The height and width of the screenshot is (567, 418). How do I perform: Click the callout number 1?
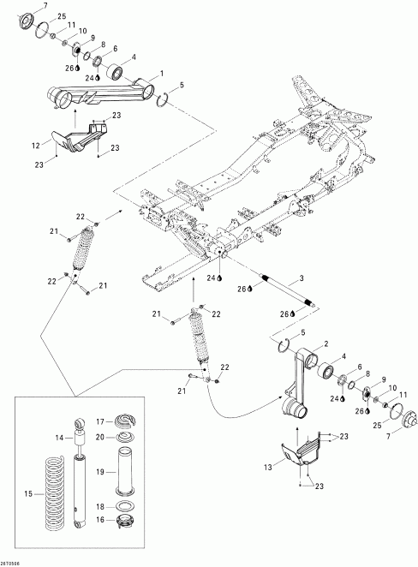(x=160, y=74)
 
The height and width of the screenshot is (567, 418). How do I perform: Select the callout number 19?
(x=101, y=471)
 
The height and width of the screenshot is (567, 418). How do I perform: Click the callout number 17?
(x=99, y=421)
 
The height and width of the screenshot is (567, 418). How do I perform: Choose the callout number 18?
(x=100, y=506)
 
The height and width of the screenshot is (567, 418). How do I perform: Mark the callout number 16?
(x=99, y=519)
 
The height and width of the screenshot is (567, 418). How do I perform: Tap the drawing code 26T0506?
(x=14, y=561)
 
